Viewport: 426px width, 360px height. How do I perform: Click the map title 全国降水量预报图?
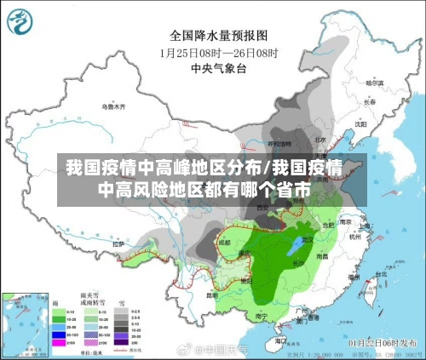(218, 36)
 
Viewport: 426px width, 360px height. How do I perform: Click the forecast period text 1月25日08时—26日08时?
(218, 51)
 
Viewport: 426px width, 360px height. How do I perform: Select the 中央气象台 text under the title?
(218, 66)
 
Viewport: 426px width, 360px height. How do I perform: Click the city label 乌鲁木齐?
(112, 107)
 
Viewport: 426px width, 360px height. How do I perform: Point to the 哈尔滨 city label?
(374, 83)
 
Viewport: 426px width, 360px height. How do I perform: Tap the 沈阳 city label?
(360, 123)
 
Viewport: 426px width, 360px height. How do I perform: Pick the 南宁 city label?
(262, 316)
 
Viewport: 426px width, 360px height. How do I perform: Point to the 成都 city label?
(224, 243)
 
